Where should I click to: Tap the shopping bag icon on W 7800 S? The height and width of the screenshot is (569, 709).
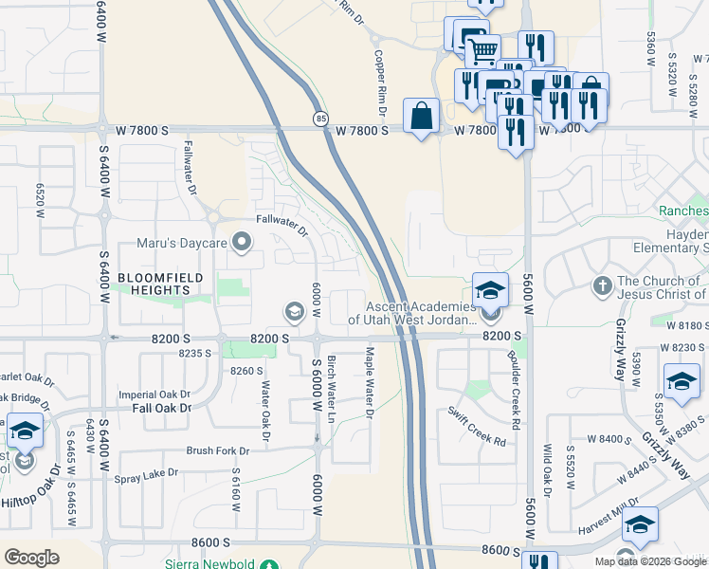point(421,117)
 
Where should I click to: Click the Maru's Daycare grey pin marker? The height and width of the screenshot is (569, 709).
point(243,244)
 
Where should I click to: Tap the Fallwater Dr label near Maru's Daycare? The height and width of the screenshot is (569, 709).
point(282,227)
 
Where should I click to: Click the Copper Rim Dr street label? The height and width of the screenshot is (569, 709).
point(381,83)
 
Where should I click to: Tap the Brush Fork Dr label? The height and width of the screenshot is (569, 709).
point(218,451)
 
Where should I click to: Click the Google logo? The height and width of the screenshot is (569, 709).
point(31,558)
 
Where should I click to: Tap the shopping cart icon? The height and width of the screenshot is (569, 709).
point(483,48)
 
